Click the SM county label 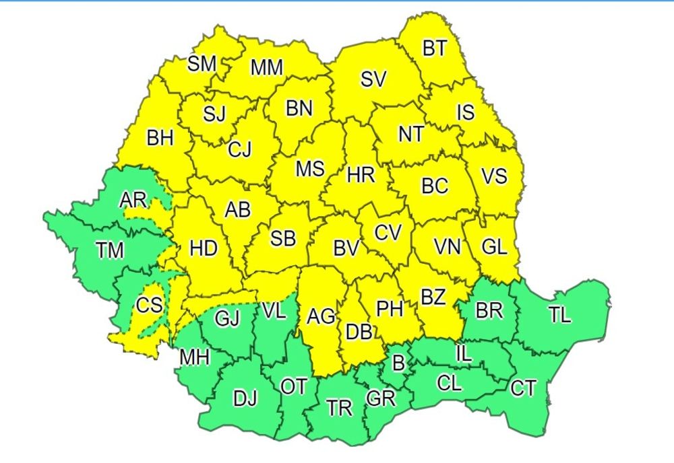point(202,64)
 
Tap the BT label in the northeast point(435,49)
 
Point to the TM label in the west point(109,251)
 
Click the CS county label point(149,306)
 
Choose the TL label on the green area point(559,314)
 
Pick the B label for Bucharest point(398,364)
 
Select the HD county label point(204,249)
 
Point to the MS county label point(310,169)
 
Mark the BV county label point(346,248)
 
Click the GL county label point(494,247)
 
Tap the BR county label point(489,310)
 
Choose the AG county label point(321,315)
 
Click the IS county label point(466,112)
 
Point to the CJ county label point(239,150)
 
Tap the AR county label point(133,200)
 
